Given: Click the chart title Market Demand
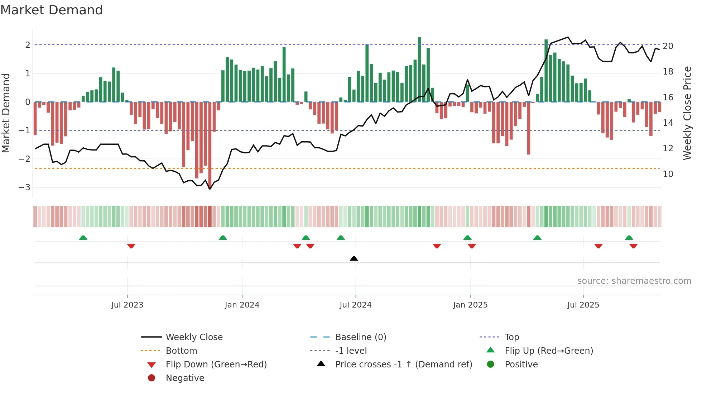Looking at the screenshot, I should click(52, 10).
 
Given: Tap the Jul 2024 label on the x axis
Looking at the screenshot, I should click(355, 305).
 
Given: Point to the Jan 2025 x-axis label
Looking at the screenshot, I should click(470, 305).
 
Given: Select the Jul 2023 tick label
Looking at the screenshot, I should click(127, 305).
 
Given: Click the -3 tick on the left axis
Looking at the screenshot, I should click(24, 187).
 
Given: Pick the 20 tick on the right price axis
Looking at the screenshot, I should click(668, 46).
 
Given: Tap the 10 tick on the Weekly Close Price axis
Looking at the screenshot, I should click(668, 174).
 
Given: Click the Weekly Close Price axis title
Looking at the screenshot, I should click(687, 113).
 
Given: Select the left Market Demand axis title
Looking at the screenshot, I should click(6, 113).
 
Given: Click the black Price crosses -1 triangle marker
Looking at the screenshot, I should click(354, 258).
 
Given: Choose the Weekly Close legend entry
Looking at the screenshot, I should click(194, 337).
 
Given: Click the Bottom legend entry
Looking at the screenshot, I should click(181, 351).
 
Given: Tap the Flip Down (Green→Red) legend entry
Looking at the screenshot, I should click(216, 365).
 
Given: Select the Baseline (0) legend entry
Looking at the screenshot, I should click(360, 337).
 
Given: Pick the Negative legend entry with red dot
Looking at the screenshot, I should click(185, 378).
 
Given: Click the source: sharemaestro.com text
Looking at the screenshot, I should click(634, 281).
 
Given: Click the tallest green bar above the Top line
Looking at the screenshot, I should click(419, 68).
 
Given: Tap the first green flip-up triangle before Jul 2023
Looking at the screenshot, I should click(83, 238).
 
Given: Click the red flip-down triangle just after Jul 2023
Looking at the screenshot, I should click(131, 246).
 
